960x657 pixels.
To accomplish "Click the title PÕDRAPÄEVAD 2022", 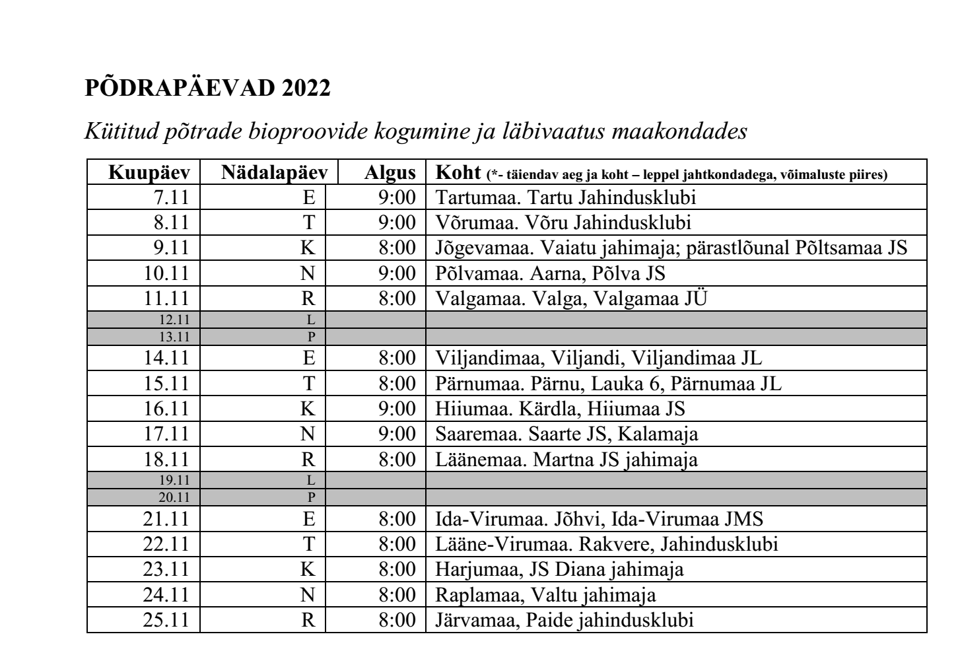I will pos(207,88).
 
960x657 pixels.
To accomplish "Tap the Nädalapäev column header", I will pos(275,173).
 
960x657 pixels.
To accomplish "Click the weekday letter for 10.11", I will pos(308,273).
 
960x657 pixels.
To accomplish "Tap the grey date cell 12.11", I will pos(174,320).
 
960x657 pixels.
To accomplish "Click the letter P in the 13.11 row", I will pos(312,336).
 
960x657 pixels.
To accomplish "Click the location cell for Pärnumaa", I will pos(607,384).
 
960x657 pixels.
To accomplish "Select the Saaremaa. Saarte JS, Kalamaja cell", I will pos(566,434).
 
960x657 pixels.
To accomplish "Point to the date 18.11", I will pos(166,460).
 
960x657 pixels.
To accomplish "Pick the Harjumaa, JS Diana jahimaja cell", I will pos(559,569).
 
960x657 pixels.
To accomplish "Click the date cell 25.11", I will pos(166,621).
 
